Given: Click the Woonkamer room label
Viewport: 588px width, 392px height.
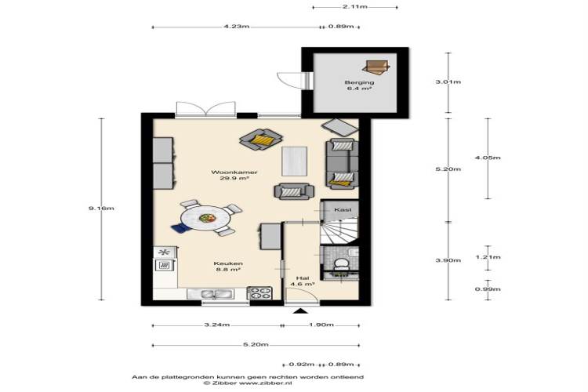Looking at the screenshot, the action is (234, 172).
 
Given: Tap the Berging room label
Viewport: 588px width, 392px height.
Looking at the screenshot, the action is (359, 82).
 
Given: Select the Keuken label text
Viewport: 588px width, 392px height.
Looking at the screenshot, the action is (228, 263).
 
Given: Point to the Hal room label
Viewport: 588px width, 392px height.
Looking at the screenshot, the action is (303, 278).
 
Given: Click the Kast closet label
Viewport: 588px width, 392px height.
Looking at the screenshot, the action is (343, 209).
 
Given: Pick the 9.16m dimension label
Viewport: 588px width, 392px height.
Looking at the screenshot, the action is (101, 209).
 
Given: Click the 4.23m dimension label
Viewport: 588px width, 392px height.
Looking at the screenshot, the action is (237, 27).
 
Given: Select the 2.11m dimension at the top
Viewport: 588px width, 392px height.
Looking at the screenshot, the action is (354, 7).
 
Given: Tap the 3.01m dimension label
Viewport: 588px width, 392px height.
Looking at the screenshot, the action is (448, 82).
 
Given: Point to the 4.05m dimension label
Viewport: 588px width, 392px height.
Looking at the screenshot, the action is (488, 158).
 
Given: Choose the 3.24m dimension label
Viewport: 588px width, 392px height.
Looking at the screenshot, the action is (217, 325).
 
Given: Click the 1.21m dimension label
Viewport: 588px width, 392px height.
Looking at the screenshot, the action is (488, 257).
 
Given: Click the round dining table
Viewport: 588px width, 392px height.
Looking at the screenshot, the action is (206, 218).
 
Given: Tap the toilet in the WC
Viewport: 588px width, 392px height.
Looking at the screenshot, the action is (341, 263).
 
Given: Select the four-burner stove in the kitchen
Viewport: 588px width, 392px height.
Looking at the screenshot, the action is (260, 292).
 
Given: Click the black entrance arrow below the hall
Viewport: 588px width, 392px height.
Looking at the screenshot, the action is (300, 311).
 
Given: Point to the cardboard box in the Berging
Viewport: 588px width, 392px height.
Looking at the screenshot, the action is (376, 67).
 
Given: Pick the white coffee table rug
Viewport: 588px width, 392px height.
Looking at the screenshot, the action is (295, 162).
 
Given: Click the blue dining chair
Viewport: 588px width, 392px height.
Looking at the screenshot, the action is (180, 228).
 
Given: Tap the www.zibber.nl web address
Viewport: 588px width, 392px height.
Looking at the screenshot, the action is (265, 383).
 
